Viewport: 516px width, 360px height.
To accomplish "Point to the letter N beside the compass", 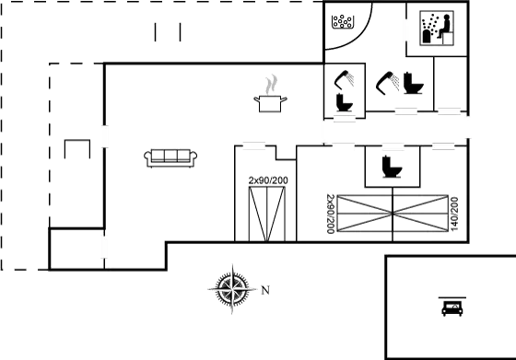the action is pyautogui.click(x=265, y=290).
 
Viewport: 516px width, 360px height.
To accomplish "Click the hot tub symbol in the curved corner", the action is pyautogui.click(x=343, y=20).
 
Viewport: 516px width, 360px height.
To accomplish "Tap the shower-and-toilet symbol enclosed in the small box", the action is pyautogui.click(x=345, y=90).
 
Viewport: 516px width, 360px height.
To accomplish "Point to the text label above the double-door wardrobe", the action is pyautogui.click(x=268, y=180).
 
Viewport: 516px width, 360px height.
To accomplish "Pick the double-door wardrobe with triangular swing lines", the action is pyautogui.click(x=268, y=213).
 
